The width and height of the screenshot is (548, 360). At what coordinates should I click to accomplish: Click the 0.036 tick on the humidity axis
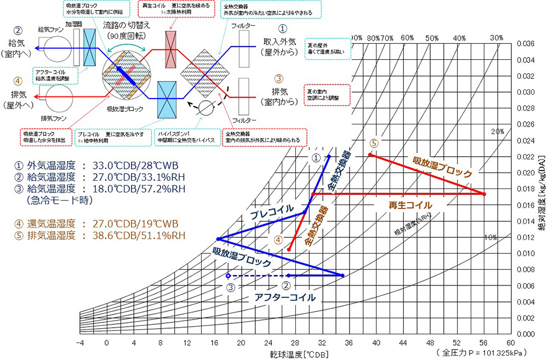pos(526,43)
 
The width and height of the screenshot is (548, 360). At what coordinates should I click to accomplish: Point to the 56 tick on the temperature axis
pos(483,342)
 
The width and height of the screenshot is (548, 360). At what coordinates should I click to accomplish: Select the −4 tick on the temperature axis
pos(80,342)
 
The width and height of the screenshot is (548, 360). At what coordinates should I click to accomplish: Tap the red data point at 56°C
pos(484,194)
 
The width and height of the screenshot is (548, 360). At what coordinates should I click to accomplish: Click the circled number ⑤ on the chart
pos(374,144)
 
